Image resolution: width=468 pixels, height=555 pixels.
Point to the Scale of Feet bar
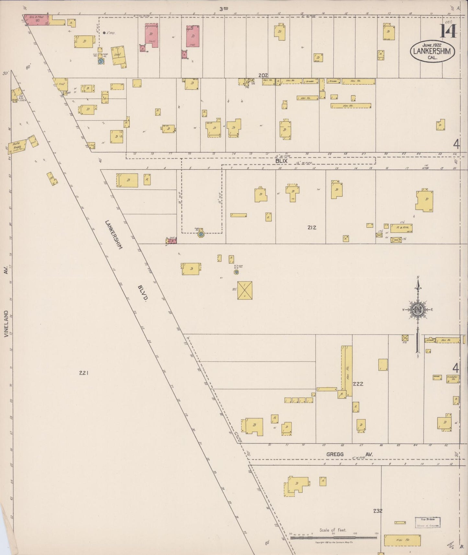[x=334, y=538]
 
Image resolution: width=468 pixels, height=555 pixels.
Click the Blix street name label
[x=281, y=161]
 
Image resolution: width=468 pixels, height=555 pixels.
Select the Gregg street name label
[x=335, y=454]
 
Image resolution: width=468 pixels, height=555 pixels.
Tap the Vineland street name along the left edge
[x=6, y=324]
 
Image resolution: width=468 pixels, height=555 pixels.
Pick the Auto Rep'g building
[x=17, y=147]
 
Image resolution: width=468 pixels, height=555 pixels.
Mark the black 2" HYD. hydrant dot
[x=104, y=33]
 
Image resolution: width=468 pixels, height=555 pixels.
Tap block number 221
[x=84, y=373]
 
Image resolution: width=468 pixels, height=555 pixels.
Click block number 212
[x=312, y=228]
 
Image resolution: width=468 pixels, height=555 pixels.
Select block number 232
[x=378, y=511]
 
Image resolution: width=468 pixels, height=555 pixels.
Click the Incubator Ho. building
[x=452, y=379]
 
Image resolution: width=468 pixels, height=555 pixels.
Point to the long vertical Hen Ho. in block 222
[x=348, y=371]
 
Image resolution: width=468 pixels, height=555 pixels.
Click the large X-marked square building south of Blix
[x=245, y=290]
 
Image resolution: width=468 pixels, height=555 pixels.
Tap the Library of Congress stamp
[x=428, y=522]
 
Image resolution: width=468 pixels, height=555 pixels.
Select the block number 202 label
[x=263, y=75]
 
